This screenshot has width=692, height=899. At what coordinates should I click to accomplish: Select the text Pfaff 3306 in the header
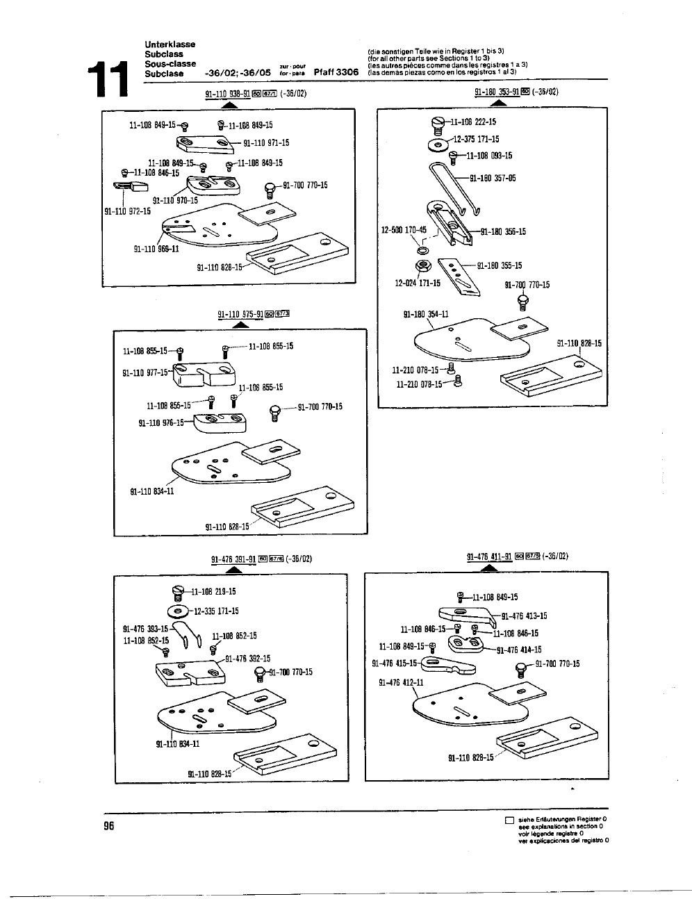click(x=336, y=72)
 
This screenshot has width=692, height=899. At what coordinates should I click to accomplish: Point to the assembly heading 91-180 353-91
click(x=497, y=92)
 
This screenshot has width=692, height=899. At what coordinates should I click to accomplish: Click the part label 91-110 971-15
click(x=266, y=143)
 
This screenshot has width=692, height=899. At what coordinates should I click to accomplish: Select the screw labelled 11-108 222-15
click(x=438, y=125)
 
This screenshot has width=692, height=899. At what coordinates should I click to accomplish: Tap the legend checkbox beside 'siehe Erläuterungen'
click(x=509, y=820)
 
